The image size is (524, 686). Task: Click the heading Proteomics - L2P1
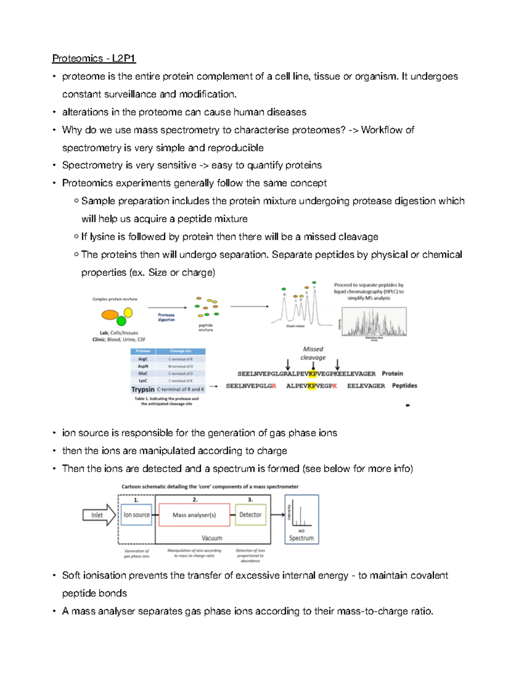[94, 58]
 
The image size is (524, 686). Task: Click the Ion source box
[136, 515]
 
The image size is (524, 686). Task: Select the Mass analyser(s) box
[194, 515]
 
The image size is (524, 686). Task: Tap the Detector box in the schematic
[250, 515]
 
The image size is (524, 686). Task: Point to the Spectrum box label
[301, 538]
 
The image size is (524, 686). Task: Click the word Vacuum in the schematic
[212, 538]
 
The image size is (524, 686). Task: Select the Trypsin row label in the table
[143, 389]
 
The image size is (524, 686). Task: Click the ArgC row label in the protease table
[143, 359]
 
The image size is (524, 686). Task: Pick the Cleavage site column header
[180, 351]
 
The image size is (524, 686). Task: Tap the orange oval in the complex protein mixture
[110, 315]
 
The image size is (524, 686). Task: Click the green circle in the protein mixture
[121, 322]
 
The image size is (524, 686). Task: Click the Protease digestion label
[166, 317]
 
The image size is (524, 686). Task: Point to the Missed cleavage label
[313, 353]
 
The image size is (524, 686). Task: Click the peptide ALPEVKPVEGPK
[311, 386]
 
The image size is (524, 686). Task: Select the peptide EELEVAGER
[366, 386]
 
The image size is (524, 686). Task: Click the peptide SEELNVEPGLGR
[251, 386]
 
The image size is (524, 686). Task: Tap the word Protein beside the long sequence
[392, 374]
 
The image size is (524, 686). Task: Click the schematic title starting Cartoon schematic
[210, 486]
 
